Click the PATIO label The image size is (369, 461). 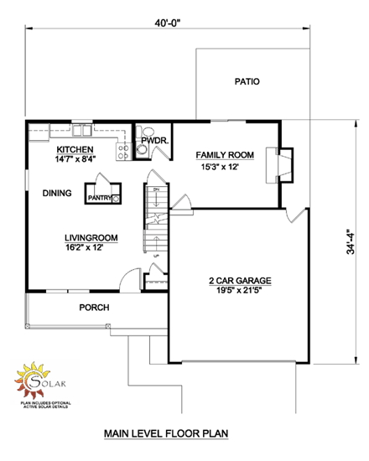click(247, 82)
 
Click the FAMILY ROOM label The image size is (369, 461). click(225, 156)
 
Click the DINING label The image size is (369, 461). click(57, 194)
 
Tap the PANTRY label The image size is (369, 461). click(99, 199)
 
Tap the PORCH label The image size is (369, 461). click(94, 308)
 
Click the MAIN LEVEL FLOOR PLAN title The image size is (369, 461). click(166, 434)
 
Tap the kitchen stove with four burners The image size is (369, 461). click(122, 152)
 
